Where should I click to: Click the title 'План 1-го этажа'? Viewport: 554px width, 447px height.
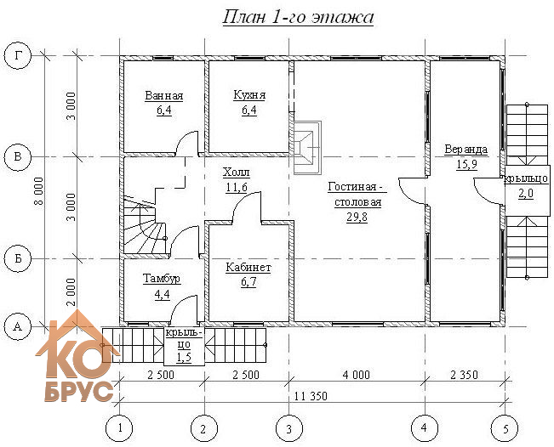pyautogui.click(x=298, y=17)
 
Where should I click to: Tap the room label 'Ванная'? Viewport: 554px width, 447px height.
pyautogui.click(x=164, y=96)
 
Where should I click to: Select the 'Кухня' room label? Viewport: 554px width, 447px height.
pyautogui.click(x=249, y=95)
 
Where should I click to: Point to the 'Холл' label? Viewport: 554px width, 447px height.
pyautogui.click(x=237, y=173)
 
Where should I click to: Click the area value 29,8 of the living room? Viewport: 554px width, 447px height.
pyautogui.click(x=357, y=217)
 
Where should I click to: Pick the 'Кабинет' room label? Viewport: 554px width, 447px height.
pyautogui.click(x=248, y=268)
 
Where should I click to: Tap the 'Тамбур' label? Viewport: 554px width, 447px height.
pyautogui.click(x=162, y=279)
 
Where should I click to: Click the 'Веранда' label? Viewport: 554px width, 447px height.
pyautogui.click(x=466, y=150)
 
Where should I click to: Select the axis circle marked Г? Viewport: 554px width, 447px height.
pyautogui.click(x=18, y=56)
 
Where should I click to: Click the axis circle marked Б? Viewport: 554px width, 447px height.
pyautogui.click(x=18, y=258)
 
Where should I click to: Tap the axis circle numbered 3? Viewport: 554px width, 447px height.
pyautogui.click(x=289, y=428)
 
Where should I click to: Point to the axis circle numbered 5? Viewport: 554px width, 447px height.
pyautogui.click(x=505, y=428)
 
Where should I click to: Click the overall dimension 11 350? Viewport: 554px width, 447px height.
pyautogui.click(x=311, y=396)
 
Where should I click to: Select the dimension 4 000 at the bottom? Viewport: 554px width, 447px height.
pyautogui.click(x=356, y=374)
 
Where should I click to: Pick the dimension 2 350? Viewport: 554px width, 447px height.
pyautogui.click(x=464, y=374)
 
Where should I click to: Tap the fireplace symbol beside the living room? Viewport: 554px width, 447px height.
pyautogui.click(x=306, y=148)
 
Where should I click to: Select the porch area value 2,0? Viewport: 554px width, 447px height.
pyautogui.click(x=526, y=194)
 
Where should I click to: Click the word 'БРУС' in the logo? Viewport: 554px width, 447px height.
pyautogui.click(x=79, y=392)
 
